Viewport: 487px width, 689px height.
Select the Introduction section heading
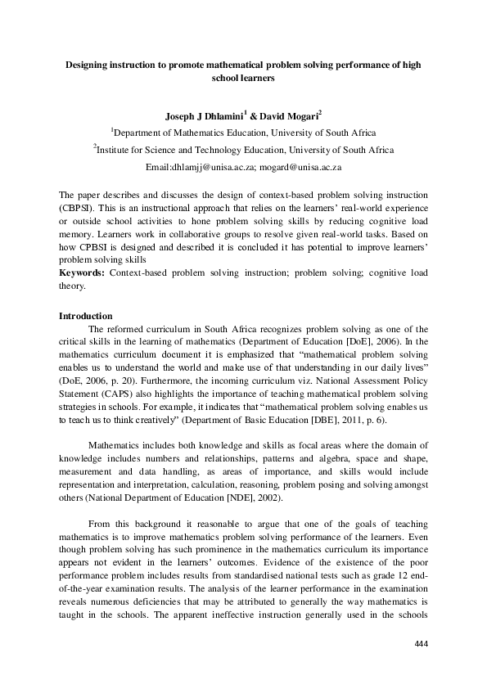[88, 316]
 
